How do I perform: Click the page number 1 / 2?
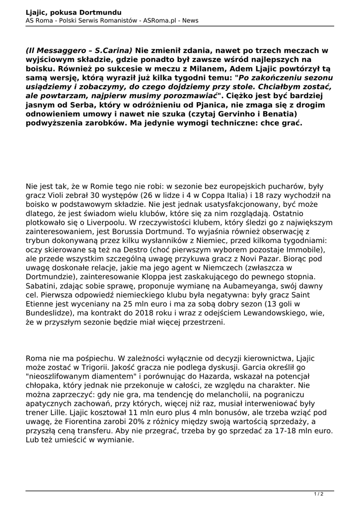point(319,494)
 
